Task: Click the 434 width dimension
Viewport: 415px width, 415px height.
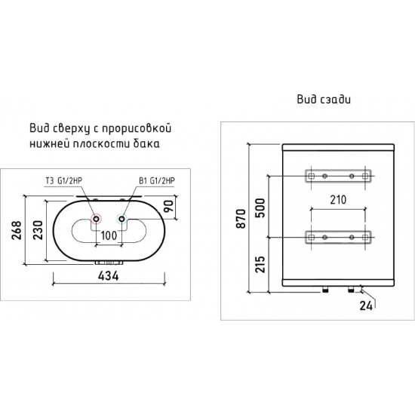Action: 109,276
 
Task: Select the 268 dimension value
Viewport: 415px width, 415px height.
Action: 17,230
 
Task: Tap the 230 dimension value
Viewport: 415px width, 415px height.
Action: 38,230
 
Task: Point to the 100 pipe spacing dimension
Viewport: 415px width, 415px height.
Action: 109,235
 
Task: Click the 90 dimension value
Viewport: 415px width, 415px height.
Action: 169,206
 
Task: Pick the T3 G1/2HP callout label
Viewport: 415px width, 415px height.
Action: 64,181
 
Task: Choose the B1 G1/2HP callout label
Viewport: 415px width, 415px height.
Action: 157,181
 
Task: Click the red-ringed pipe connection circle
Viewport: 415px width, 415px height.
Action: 96,219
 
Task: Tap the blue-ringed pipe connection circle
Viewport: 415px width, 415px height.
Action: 121,219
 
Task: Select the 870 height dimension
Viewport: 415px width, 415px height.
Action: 241,219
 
